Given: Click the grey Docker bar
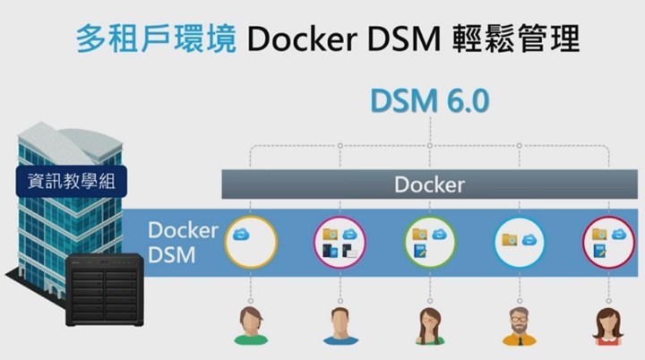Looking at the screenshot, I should coord(430,185).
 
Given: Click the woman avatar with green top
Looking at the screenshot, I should coord(251,326).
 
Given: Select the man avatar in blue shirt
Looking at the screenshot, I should coord(340,326).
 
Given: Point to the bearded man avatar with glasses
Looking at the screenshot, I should coord(520,326).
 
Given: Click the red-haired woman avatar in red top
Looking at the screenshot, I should coord(608,326).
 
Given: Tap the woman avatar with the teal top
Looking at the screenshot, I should coord(429,326).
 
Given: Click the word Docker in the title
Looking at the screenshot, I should coord(296,39).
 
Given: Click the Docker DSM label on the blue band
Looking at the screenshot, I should coord(183,242).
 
